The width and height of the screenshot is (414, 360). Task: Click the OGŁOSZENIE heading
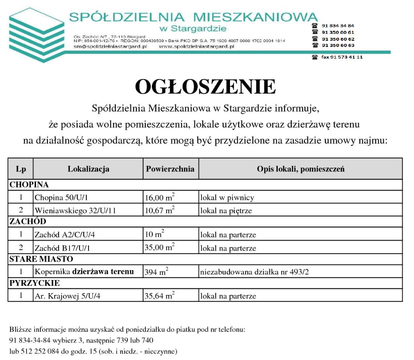[205, 87]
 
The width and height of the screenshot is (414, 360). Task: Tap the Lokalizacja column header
[88, 169]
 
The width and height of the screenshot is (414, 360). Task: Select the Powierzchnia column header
[170, 169]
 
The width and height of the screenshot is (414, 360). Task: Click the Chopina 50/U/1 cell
[61, 198]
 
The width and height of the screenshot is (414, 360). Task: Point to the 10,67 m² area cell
[159, 211]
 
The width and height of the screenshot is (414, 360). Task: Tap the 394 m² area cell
[156, 272]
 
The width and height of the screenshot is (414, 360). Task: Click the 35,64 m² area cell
[159, 296]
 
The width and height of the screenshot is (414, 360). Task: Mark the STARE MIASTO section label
[41, 259]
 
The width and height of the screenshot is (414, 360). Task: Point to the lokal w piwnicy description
[227, 198]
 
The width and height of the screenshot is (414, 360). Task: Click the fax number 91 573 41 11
[342, 57]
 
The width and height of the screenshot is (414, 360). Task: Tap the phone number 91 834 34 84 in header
[338, 26]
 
